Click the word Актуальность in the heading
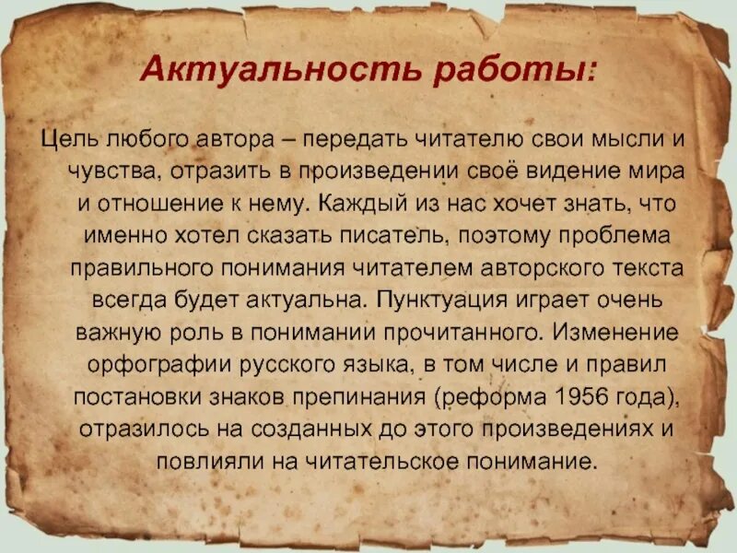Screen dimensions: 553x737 283,71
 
